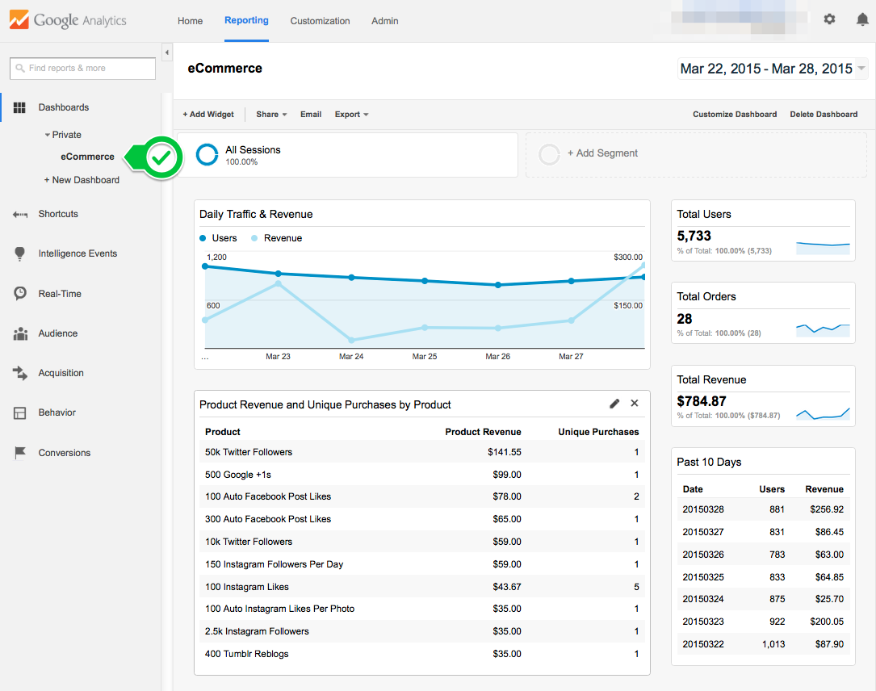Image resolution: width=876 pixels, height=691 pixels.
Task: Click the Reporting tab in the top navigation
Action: coord(246,20)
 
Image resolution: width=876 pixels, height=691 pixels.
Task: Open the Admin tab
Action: coord(384,21)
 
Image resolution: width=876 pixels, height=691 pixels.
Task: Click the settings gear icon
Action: coord(829,19)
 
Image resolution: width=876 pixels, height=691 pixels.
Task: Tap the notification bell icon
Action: coord(862,19)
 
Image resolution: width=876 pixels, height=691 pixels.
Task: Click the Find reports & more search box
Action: coord(83,69)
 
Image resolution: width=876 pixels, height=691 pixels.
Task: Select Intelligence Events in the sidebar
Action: coord(78,253)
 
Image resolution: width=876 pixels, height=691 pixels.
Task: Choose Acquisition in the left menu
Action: coord(61,373)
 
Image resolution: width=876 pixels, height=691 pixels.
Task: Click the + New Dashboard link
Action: coord(82,180)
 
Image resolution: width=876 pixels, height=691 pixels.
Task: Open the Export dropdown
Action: coord(351,115)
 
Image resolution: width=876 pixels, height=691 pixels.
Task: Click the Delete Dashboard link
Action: coord(824,115)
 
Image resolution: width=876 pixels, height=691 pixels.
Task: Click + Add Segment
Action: coord(601,153)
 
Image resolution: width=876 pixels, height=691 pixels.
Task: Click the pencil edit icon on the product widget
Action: coord(614,404)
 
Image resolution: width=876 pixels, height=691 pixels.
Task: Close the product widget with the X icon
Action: coord(635,404)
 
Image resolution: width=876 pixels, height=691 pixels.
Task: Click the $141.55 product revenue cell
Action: coord(504,452)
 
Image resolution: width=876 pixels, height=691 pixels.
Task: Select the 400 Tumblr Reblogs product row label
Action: coord(246,654)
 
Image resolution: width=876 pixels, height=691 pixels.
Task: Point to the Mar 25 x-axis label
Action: coord(425,356)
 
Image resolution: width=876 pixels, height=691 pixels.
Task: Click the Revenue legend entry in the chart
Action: coord(282,238)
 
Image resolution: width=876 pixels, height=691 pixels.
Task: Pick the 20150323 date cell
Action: coord(702,622)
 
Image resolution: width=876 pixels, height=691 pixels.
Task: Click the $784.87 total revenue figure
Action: coord(702,401)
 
